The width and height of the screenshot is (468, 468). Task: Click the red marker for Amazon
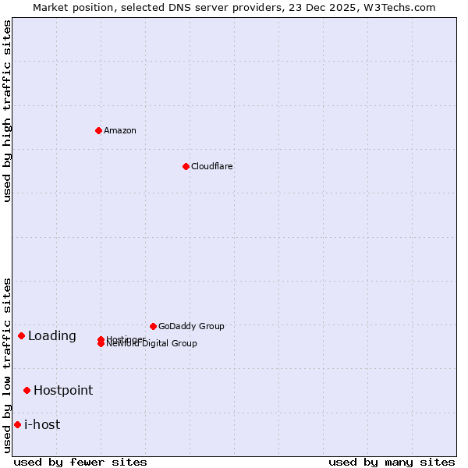coord(98,130)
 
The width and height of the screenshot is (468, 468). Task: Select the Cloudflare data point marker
coord(186,166)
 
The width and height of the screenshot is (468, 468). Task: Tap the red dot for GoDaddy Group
coord(153,326)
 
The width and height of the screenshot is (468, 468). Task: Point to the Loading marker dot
coord(21,335)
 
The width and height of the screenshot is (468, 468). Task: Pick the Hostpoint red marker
coord(27,390)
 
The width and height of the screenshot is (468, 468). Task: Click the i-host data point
coord(17,424)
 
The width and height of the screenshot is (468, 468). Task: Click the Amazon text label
coord(120,130)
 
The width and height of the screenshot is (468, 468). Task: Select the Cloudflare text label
coord(211,166)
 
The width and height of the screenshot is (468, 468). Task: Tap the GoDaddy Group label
coord(191,326)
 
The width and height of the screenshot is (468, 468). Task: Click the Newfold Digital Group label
coord(152,344)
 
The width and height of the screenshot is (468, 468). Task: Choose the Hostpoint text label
coord(63,390)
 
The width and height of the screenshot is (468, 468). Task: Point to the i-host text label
coord(42,424)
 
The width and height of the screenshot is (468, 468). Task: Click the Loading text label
coord(52,335)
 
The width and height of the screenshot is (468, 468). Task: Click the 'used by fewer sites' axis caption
coord(80,462)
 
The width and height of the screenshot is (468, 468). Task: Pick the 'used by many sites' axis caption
coord(392,462)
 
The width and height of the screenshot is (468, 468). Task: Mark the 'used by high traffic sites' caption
coord(8,111)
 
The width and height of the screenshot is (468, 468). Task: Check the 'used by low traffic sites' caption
coord(8,365)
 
